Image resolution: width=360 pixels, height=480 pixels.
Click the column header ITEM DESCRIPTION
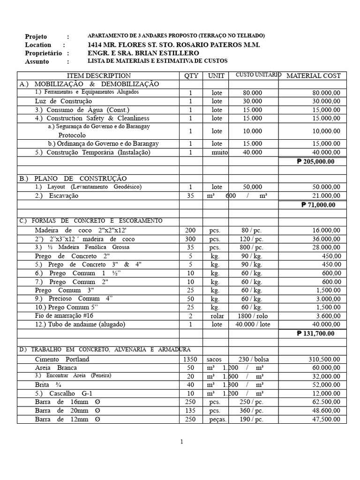99,75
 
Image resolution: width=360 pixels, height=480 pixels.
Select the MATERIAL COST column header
314,75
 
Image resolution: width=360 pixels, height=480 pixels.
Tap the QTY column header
191,75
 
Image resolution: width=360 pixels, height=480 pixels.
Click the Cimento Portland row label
62,360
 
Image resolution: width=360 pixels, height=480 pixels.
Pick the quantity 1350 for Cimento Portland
190,360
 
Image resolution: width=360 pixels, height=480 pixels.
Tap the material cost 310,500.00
324,360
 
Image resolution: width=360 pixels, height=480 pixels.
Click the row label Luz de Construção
63,101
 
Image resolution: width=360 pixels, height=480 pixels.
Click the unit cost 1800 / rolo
253,316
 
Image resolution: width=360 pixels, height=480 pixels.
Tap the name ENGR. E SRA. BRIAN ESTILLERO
143,53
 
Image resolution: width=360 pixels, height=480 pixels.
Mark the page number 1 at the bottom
181,442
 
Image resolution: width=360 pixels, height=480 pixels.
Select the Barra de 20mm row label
67,411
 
